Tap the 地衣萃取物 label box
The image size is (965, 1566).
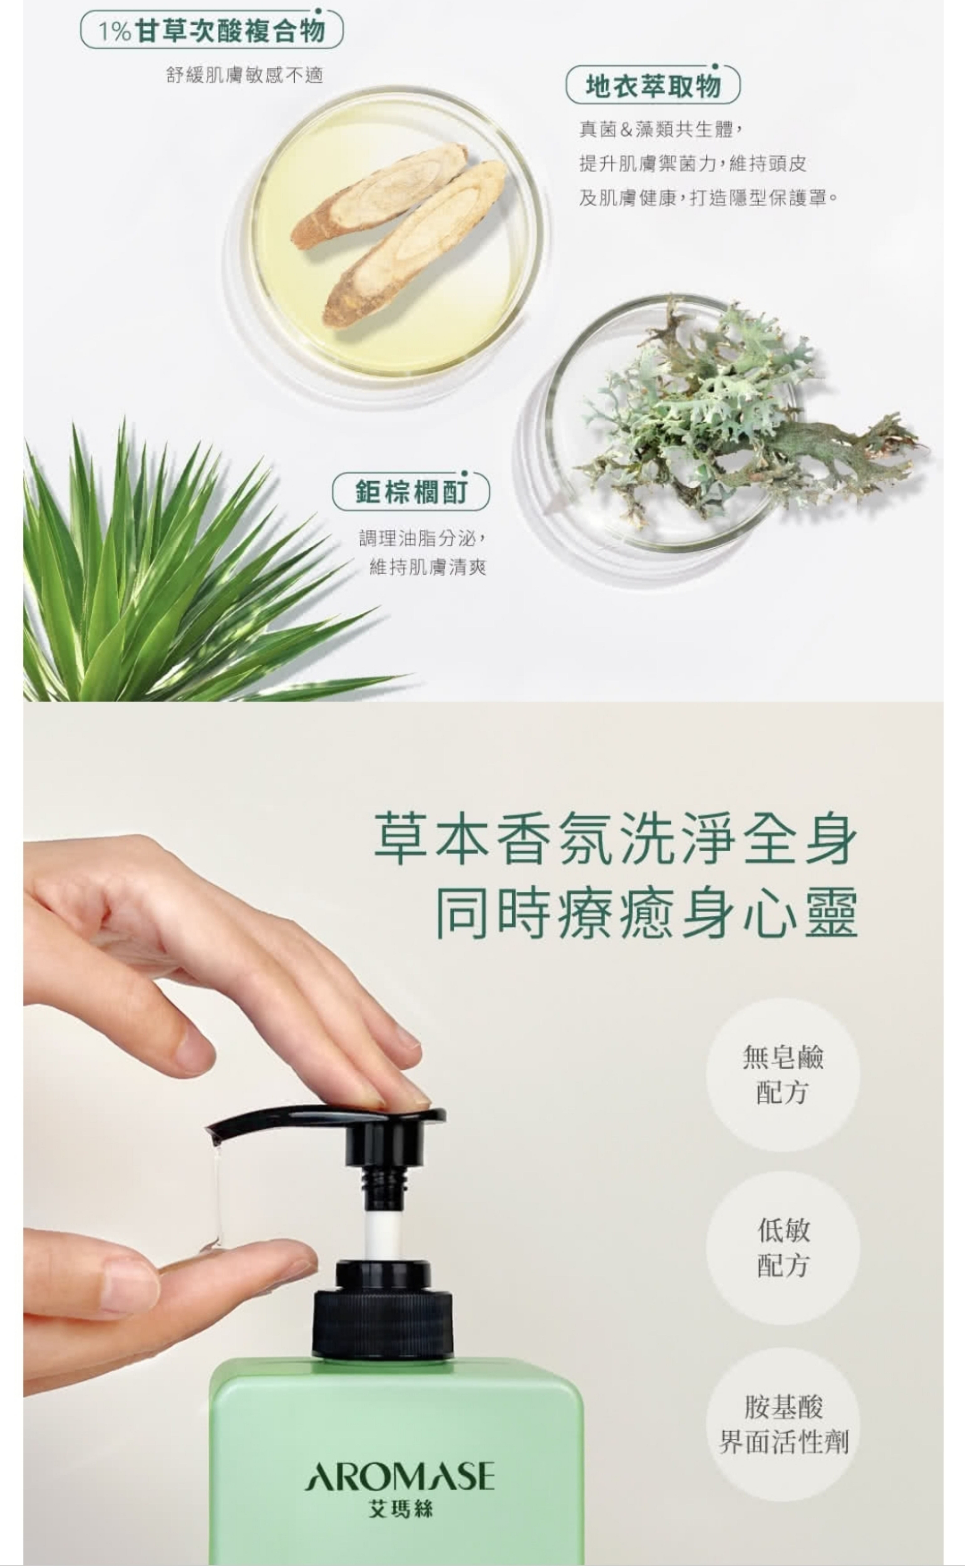(x=653, y=85)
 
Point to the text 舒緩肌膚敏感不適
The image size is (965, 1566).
(x=244, y=75)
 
